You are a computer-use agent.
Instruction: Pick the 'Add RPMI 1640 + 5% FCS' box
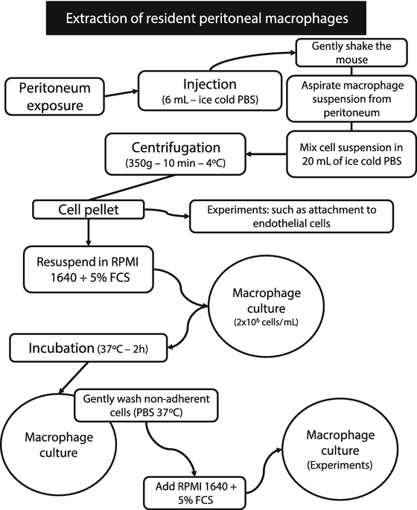[x=194, y=491]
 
